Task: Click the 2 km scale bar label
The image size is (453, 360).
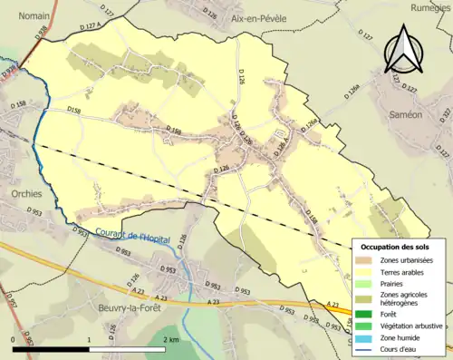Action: tap(171, 338)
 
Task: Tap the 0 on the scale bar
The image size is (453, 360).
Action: tap(14, 338)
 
